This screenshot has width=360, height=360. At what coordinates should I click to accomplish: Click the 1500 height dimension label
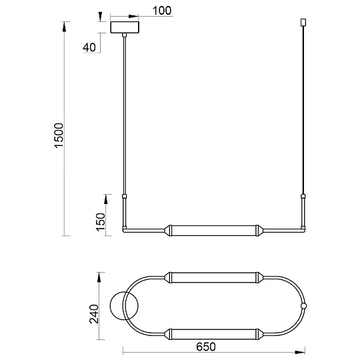[59, 135]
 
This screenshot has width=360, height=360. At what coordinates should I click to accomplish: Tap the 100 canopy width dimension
[162, 11]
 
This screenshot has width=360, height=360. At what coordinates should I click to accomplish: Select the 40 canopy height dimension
[89, 47]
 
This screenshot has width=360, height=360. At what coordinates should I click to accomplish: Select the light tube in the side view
[212, 229]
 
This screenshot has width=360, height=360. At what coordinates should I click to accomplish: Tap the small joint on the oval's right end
[304, 306]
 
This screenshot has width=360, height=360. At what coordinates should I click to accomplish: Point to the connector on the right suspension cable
[303, 196]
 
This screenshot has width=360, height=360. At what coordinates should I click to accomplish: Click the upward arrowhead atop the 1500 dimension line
[65, 25]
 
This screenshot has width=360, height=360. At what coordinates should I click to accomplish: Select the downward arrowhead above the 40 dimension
[100, 15]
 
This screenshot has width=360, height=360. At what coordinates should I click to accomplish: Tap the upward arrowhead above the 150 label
[106, 199]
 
